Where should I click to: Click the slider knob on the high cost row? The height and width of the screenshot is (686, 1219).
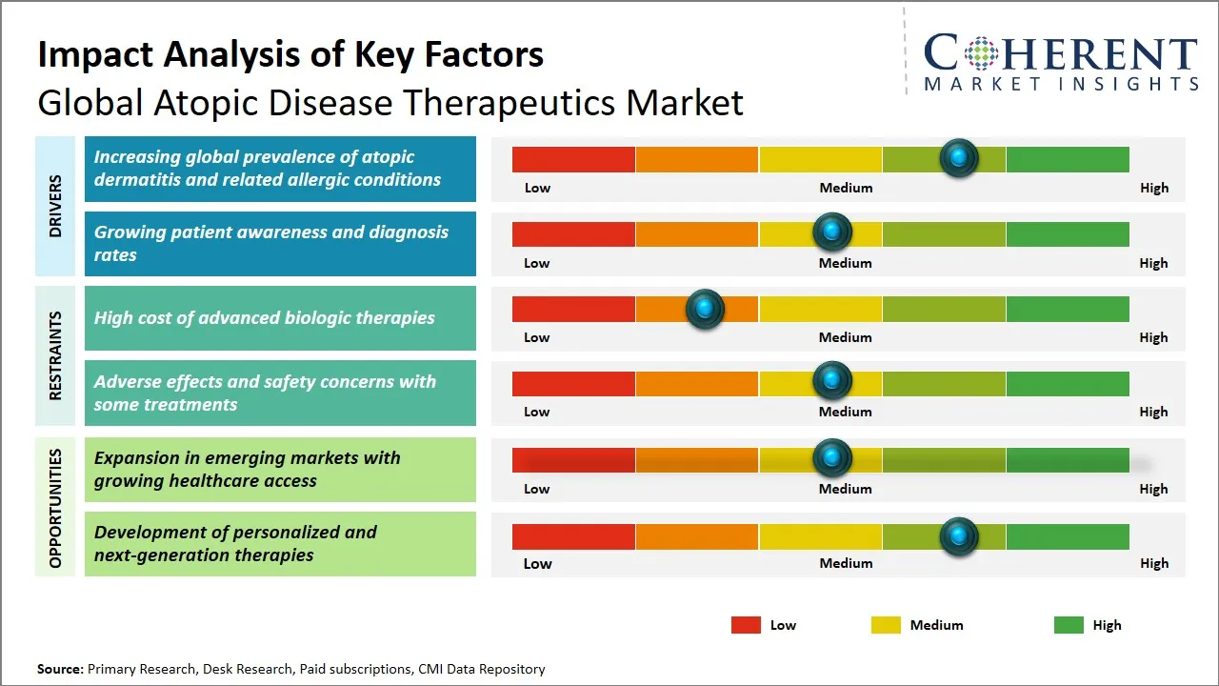pos(705,309)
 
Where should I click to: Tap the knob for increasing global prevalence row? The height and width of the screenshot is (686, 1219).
pos(958,157)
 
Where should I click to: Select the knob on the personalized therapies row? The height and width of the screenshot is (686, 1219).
pos(958,535)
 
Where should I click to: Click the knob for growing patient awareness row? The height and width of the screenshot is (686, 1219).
pos(831,232)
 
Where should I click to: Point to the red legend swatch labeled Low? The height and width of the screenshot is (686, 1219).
pos(746,625)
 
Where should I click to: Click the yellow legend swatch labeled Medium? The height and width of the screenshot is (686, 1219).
pos(886,625)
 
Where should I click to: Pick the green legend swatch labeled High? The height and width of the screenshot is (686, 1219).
pos(1069,625)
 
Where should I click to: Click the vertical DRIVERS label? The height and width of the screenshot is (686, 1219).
pos(55,206)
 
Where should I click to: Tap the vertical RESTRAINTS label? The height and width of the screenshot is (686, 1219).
pos(55,355)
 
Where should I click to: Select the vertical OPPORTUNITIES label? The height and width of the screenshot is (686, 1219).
pos(55,508)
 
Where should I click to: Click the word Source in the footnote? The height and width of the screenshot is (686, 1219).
pos(60,669)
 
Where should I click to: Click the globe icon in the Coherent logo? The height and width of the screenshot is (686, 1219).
pos(980,53)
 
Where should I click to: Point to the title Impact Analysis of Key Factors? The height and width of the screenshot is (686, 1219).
pos(290,54)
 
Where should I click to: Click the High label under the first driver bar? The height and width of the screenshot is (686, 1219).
pos(1153,188)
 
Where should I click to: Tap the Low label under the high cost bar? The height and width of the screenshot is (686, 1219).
pos(537,337)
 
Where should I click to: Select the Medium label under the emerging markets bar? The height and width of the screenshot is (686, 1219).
pos(846,489)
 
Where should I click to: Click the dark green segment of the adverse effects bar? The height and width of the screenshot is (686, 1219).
pos(1067,383)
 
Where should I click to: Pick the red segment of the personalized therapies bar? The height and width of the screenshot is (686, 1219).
pos(573,536)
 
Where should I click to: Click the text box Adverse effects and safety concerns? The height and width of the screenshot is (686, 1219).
pos(280,393)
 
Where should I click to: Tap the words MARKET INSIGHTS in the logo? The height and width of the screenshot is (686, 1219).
pos(1061,84)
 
